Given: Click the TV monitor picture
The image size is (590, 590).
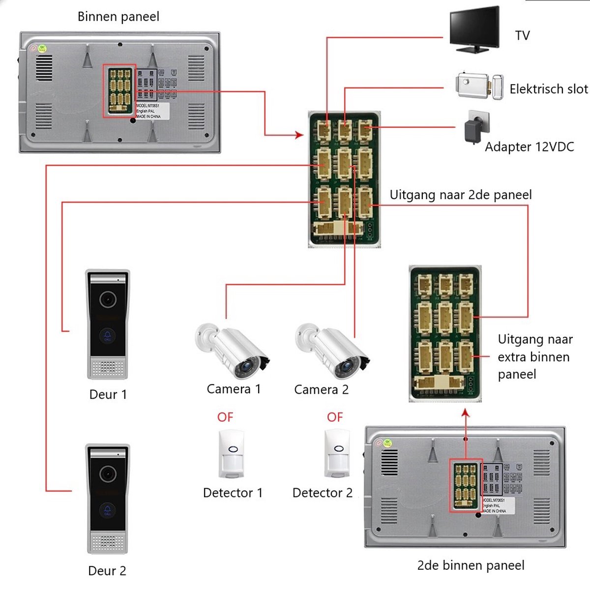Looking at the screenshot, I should click(x=474, y=29).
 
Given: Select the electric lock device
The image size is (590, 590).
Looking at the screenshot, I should click(x=479, y=87).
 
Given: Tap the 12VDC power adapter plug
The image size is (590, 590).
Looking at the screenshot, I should click(x=476, y=127).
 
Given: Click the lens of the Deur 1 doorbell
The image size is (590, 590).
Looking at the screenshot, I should click(x=108, y=299).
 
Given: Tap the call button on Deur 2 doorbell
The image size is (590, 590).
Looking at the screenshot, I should click(x=108, y=511).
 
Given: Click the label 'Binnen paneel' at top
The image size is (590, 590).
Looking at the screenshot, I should click(x=118, y=17).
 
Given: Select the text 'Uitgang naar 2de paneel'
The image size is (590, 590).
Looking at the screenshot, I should click(x=461, y=195).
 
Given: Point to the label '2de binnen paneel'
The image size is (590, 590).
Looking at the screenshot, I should click(x=471, y=565).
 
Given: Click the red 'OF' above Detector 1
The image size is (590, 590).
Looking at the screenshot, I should click(x=225, y=417).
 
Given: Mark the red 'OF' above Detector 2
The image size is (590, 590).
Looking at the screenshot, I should click(x=335, y=417).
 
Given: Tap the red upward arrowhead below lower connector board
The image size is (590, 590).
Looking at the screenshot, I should click(x=466, y=414).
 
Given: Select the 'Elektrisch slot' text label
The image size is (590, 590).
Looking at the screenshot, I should click(x=549, y=89).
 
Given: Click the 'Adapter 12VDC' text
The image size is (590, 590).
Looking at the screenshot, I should click(x=530, y=147).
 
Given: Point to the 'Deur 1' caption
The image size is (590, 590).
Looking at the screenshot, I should click(x=108, y=394).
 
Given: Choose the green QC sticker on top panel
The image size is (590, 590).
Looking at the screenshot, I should click(x=43, y=48).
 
